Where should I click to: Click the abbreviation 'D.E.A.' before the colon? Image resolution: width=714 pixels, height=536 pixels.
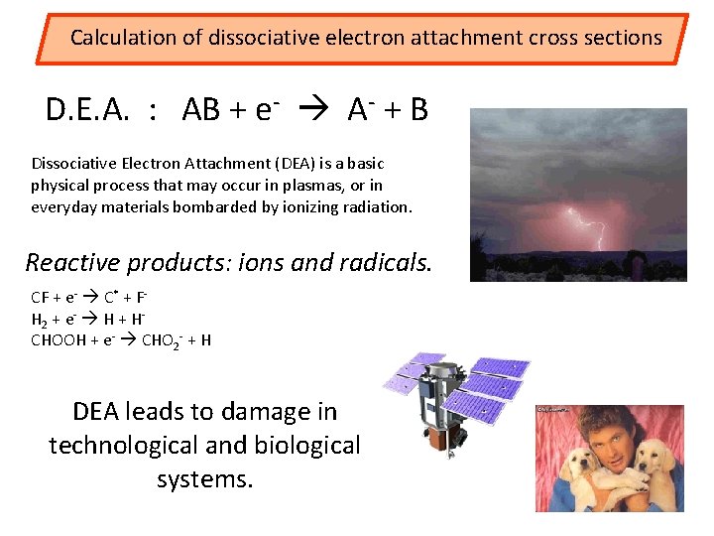click(x=87, y=110)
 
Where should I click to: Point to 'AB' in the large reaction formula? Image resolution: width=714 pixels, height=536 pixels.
click(x=201, y=110)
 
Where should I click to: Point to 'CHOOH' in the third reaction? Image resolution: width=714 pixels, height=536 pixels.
click(x=59, y=340)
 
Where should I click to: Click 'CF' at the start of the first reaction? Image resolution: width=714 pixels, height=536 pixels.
click(x=42, y=298)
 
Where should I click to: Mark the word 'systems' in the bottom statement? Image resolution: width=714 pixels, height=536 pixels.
click(x=204, y=480)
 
